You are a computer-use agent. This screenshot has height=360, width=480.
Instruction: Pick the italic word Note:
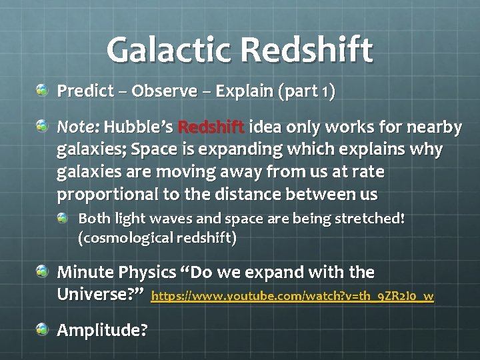tap(78, 127)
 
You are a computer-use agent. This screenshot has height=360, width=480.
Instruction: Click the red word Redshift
tap(212, 127)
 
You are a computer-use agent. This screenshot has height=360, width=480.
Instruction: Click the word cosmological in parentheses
tap(122, 238)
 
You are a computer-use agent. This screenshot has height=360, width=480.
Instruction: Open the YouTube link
tap(293, 296)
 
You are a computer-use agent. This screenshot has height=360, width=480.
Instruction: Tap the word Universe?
tap(101, 293)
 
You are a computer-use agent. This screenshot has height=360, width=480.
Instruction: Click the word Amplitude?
tap(103, 330)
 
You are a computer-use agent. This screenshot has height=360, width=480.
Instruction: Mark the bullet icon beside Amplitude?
tap(43, 328)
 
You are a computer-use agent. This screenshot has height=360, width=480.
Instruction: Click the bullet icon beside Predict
tap(43, 89)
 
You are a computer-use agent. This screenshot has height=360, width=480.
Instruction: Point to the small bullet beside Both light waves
tap(63, 217)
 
